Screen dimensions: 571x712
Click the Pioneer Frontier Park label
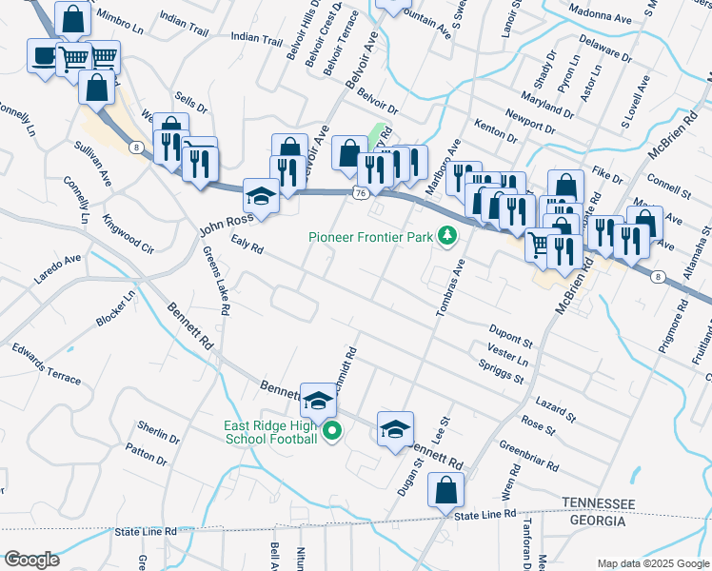tap(371, 235)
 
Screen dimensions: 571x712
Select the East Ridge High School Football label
tap(270, 432)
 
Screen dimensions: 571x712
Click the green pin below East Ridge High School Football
tap(332, 433)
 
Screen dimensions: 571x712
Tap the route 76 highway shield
tap(359, 193)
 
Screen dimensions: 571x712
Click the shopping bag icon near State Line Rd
tap(445, 493)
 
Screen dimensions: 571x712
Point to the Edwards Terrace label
tap(46, 364)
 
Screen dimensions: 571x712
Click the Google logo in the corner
tap(31, 560)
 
